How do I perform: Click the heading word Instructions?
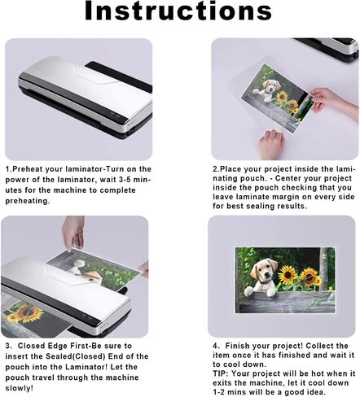pyautogui.click(x=178, y=11)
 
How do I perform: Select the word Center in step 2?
pyautogui.click(x=288, y=178)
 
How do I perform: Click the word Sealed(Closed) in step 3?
pyautogui.click(x=75, y=356)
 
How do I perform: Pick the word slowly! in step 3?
pyautogui.click(x=19, y=388)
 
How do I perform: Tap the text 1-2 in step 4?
pyautogui.click(x=219, y=392)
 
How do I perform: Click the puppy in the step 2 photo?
pyautogui.click(x=266, y=90)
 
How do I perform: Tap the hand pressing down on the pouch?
pyautogui.click(x=271, y=145)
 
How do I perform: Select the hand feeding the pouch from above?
pyautogui.click(x=72, y=233)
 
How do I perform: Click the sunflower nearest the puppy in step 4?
pyautogui.click(x=288, y=274)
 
